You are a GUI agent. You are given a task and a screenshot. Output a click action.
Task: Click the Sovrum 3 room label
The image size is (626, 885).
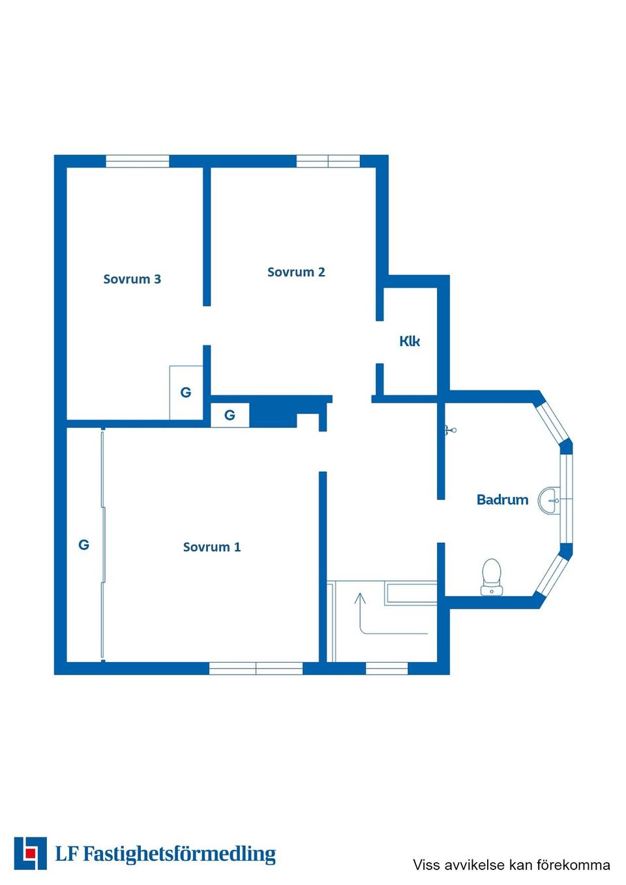[x=132, y=279]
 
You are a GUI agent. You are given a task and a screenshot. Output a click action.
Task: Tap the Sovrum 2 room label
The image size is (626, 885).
[x=296, y=272]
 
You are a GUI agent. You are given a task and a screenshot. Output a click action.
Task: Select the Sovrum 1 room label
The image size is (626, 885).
[x=212, y=547]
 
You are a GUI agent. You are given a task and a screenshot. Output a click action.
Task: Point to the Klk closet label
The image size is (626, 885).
[x=410, y=341]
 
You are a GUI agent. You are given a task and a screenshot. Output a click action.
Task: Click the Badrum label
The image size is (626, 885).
[x=502, y=500]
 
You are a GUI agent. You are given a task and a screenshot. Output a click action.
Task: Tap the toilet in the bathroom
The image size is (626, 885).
[x=491, y=577]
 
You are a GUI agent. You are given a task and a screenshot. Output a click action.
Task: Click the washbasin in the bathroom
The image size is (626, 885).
[x=549, y=501]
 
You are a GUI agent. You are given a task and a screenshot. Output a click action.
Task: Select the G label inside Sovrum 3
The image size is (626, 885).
[x=186, y=392]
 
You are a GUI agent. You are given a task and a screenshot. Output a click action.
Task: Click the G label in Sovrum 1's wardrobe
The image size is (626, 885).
[x=83, y=545]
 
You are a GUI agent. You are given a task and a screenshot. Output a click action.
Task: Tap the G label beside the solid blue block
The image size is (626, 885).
[x=230, y=415]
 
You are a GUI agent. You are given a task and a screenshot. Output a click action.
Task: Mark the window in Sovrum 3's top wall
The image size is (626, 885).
[x=138, y=161]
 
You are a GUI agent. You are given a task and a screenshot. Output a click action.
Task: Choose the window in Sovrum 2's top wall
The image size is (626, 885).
[x=328, y=161]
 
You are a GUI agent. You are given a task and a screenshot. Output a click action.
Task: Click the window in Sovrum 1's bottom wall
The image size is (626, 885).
[x=256, y=669]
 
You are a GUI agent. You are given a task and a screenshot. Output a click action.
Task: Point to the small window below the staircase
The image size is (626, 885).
[x=387, y=669]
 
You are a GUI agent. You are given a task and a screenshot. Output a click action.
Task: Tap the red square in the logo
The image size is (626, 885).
[x=30, y=853]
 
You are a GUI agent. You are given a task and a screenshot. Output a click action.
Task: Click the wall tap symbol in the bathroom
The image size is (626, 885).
[x=450, y=430]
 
